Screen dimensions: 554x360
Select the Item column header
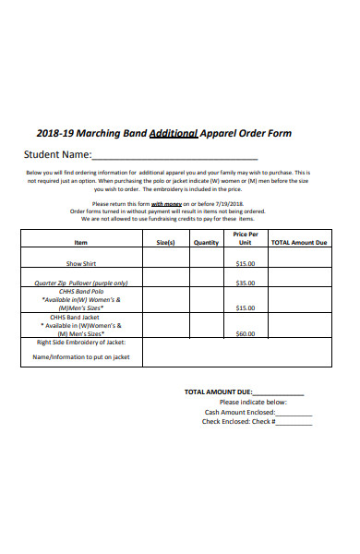(x=81, y=243)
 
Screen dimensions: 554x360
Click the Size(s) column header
(x=165, y=243)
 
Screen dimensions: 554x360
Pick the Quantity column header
(x=206, y=243)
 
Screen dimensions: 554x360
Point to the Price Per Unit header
(x=246, y=239)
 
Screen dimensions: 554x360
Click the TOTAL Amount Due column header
(x=298, y=243)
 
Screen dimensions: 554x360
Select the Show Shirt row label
(x=81, y=263)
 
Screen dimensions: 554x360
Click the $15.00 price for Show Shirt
(x=246, y=263)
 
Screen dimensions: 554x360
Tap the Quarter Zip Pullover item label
(x=81, y=283)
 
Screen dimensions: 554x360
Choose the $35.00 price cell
(x=246, y=283)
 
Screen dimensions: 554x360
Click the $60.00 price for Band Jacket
(x=246, y=333)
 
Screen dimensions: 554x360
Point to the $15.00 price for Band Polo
(x=246, y=307)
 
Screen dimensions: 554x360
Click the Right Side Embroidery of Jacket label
(x=81, y=343)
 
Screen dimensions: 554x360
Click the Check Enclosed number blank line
(x=294, y=423)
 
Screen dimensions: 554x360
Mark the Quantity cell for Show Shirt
(x=206, y=263)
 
